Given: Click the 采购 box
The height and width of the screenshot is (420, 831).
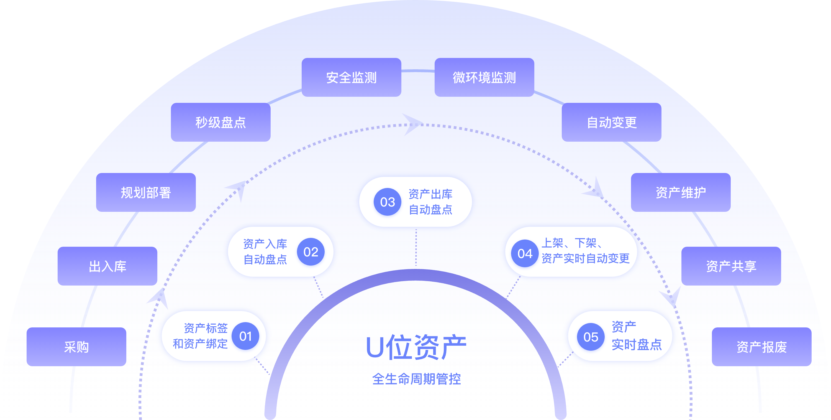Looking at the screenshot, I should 76,347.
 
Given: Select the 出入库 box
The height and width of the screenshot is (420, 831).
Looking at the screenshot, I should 107,266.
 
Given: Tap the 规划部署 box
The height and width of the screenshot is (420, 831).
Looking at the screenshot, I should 146,192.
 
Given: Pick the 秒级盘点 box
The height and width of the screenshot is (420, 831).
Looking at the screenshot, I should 221,122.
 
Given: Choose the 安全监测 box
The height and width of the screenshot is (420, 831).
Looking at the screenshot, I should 351,77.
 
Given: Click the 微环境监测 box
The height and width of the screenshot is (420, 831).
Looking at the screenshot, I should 484,77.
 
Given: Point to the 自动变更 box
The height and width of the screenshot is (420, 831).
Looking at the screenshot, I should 611,122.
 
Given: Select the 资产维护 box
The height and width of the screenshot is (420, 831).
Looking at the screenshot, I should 681,192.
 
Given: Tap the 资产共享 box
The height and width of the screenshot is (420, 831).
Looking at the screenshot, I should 731,266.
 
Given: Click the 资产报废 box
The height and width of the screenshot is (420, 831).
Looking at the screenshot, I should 761,347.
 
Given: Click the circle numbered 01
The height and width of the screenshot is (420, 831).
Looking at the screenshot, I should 245,336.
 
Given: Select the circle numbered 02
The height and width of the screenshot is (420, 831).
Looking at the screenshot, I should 311,252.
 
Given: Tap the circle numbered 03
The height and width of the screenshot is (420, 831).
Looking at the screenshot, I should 388,202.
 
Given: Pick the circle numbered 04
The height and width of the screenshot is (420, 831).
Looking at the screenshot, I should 525,253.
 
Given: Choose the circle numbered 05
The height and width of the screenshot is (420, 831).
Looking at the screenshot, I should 591,337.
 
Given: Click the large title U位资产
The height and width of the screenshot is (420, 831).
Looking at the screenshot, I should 416,347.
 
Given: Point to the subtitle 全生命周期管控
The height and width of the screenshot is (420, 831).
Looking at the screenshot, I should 416,379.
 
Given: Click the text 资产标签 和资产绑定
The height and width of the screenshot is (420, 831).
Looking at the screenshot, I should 201,336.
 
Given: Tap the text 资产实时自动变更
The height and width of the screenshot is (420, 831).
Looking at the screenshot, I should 586,258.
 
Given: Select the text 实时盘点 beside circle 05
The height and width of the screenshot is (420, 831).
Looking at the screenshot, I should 637,345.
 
